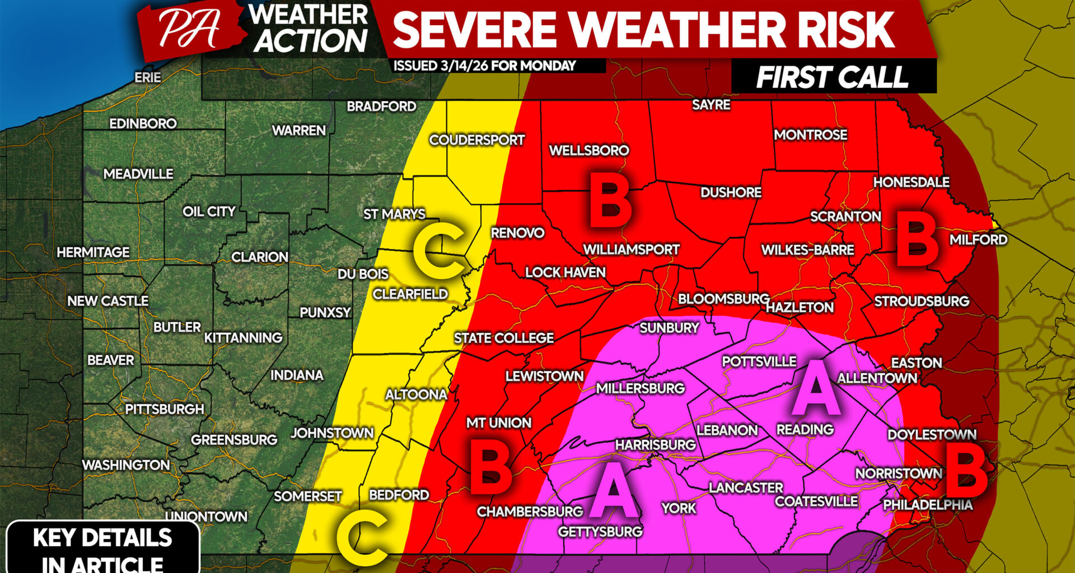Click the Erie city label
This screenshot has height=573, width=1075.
[x=147, y=77]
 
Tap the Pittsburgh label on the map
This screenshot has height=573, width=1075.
[x=164, y=409]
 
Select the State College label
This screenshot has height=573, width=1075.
[x=503, y=338]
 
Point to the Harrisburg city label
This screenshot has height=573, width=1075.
[x=655, y=445]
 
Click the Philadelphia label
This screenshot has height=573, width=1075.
[x=928, y=505]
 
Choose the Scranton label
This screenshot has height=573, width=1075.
[x=845, y=217]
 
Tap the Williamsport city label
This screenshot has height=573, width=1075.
[x=631, y=250]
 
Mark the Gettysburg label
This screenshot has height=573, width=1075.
[x=600, y=531]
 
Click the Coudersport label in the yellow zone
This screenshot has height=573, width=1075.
[x=476, y=140]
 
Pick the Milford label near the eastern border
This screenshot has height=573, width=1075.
[x=978, y=239]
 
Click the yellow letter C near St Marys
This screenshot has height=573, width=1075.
[x=439, y=251]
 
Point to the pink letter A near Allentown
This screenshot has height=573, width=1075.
[x=816, y=387]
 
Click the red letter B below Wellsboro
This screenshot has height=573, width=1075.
[x=610, y=200]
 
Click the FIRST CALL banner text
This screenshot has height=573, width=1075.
[x=832, y=77]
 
